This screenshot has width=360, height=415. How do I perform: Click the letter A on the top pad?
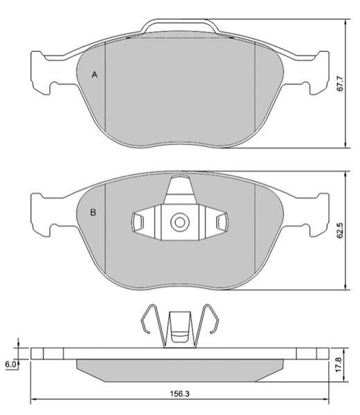95,75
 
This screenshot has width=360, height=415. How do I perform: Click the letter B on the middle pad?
93,212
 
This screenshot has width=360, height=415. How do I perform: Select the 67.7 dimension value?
340,84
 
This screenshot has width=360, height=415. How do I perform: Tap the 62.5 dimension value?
340,230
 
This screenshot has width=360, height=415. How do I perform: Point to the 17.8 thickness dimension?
339,364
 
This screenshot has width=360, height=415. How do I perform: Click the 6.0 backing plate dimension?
10,364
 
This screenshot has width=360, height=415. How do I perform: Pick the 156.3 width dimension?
179,394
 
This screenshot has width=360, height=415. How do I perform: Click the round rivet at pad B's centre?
180,222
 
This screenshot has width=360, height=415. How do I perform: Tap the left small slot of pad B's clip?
138,222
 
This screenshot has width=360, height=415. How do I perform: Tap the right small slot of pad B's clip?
222,222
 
